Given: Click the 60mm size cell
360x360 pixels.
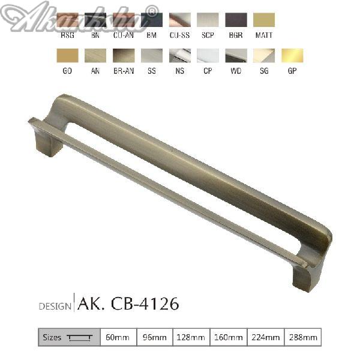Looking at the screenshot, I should tap(118, 337).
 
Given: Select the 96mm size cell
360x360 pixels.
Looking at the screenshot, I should tap(154, 337).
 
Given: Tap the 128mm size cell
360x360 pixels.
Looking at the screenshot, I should tap(191, 337).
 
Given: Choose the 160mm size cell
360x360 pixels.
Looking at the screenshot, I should tap(227, 337).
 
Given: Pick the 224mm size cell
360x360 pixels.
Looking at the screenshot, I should tap(265, 337).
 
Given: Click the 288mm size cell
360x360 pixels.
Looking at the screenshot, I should tap(302, 337).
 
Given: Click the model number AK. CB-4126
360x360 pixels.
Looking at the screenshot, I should tap(128, 304).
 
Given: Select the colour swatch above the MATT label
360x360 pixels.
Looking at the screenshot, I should tap(264, 20).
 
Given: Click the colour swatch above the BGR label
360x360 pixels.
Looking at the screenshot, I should tap(236, 20).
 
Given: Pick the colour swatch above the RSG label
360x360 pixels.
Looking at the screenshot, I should tap(67, 20).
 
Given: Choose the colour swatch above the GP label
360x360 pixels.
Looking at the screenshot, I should tap(292, 56).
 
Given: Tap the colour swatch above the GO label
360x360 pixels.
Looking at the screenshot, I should tap(67, 56).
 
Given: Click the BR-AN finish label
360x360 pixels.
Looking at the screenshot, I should tap(124, 71).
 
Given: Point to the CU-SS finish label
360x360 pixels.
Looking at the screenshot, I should tap(179, 35).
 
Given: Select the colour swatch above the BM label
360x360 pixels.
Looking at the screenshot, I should tap(151, 20).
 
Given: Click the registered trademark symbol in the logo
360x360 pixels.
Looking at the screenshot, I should tap(154, 10).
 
